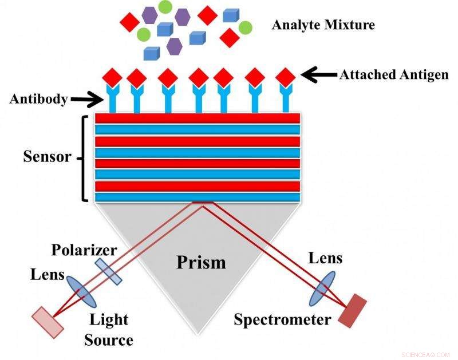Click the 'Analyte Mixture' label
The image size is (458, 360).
pyautogui.click(x=323, y=26)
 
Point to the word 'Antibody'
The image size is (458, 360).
pyautogui.click(x=38, y=99)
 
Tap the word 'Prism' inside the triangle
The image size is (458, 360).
pyautogui.click(x=200, y=262)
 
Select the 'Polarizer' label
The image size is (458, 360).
pyautogui.click(x=84, y=250)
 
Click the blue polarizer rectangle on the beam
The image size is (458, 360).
pyautogui.click(x=109, y=271)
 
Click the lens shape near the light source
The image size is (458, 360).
pyautogui.click(x=81, y=292)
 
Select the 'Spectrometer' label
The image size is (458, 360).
pyautogui.click(x=282, y=319)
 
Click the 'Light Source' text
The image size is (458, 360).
pyautogui.click(x=108, y=329)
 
